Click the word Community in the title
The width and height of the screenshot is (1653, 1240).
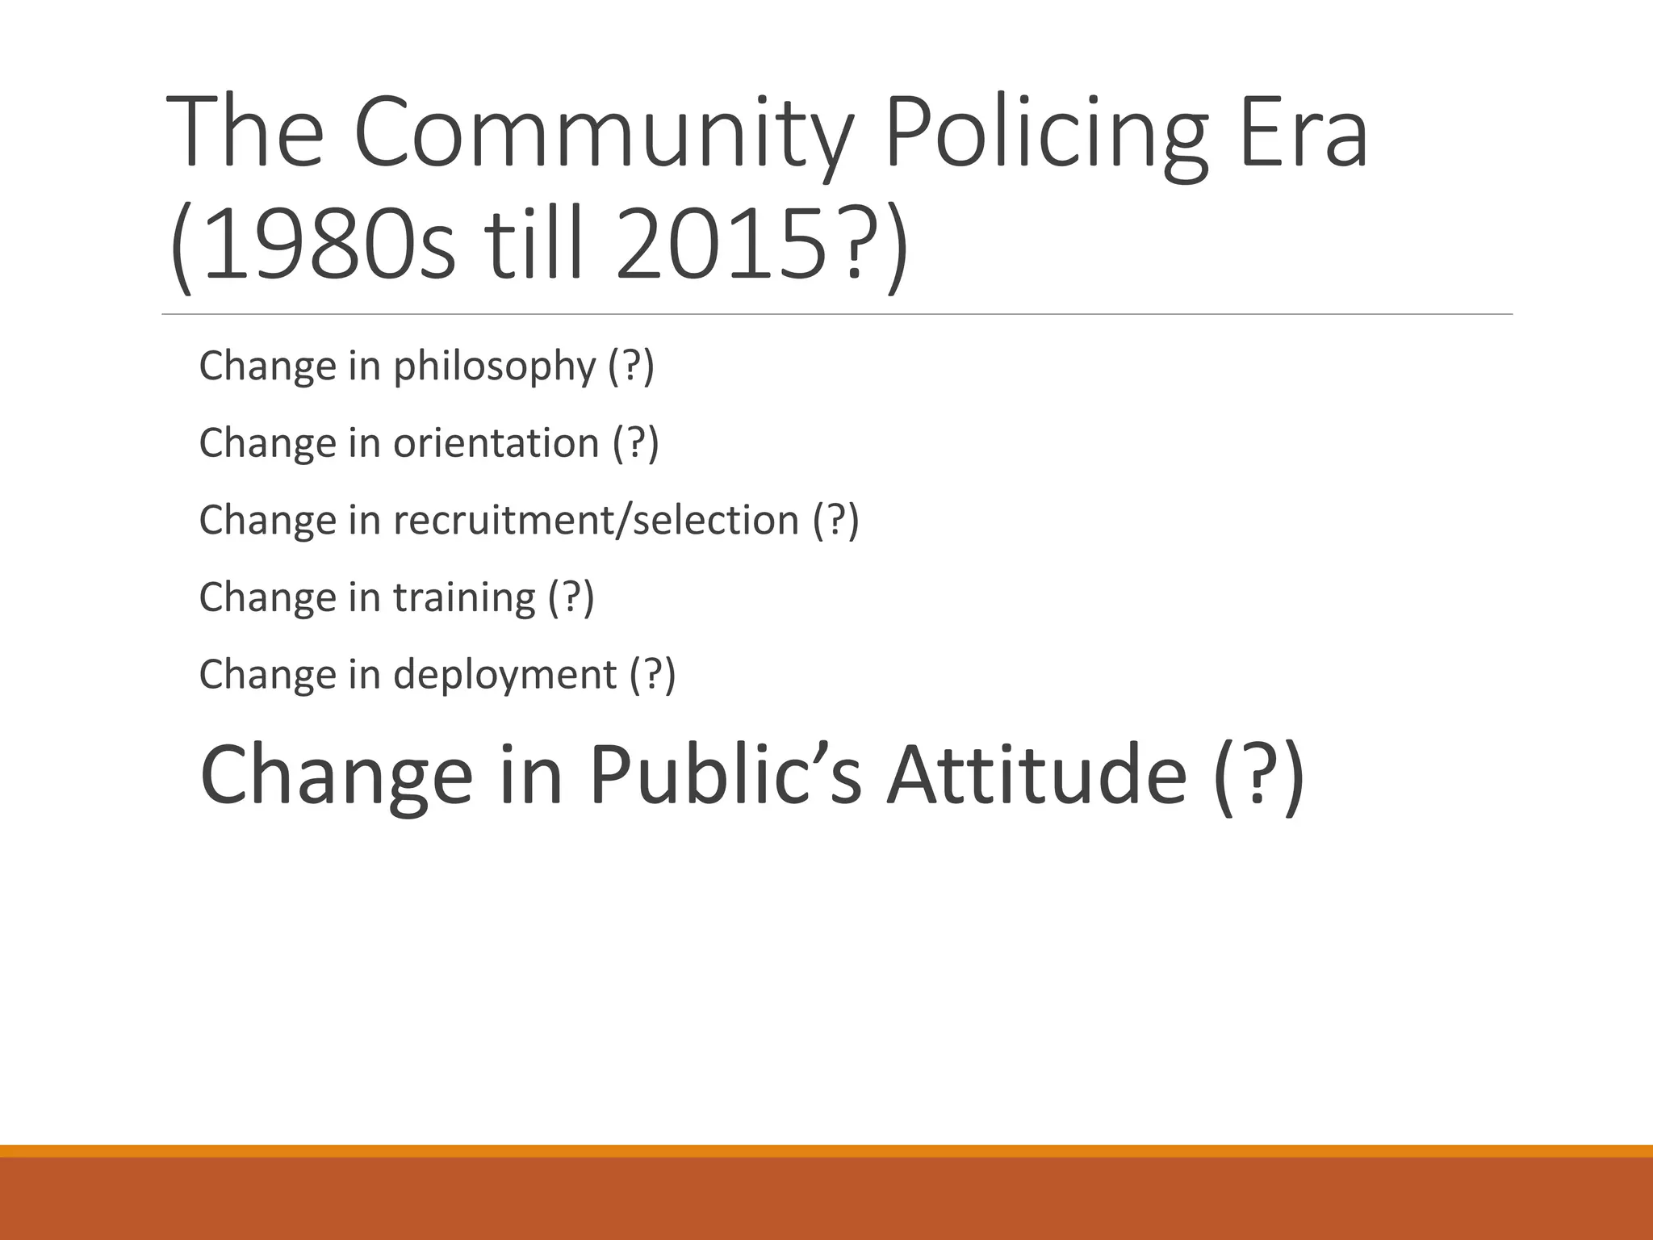(602, 133)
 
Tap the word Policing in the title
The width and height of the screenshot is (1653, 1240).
(1045, 133)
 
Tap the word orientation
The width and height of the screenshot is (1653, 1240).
(496, 443)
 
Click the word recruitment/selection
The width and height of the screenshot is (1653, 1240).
(596, 520)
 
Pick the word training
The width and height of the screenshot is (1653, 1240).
(464, 597)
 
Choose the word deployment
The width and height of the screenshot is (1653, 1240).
(504, 674)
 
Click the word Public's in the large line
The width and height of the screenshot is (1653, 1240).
(725, 776)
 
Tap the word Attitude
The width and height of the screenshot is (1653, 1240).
(1036, 776)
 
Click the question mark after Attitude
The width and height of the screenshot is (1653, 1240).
(1257, 776)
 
